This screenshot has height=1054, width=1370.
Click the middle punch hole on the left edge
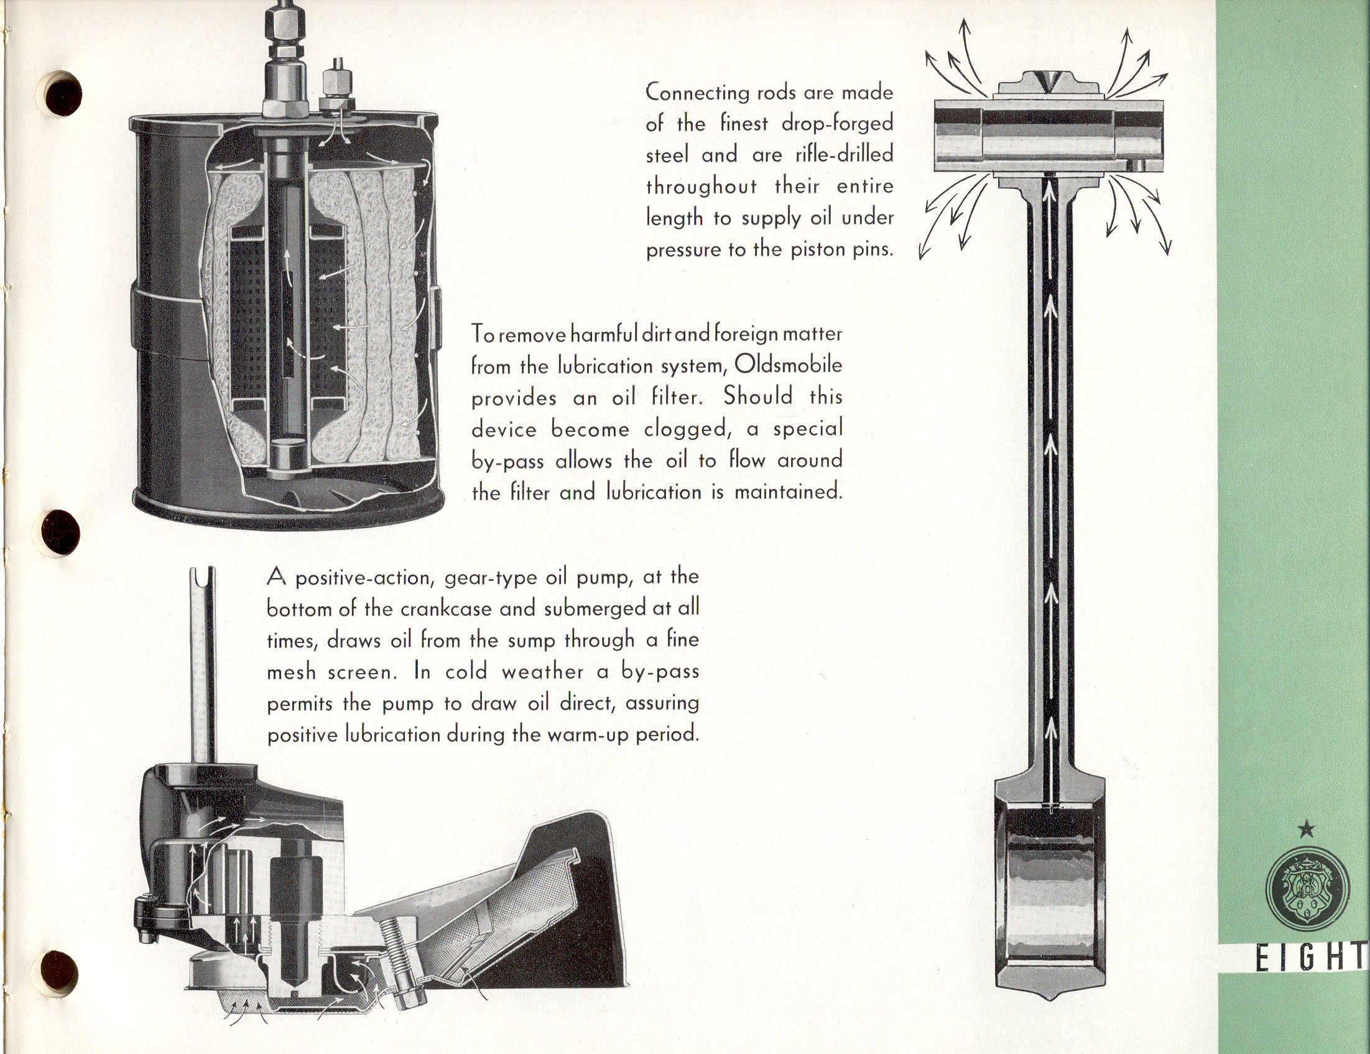click(61, 533)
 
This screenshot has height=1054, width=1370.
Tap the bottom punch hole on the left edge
click(61, 974)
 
